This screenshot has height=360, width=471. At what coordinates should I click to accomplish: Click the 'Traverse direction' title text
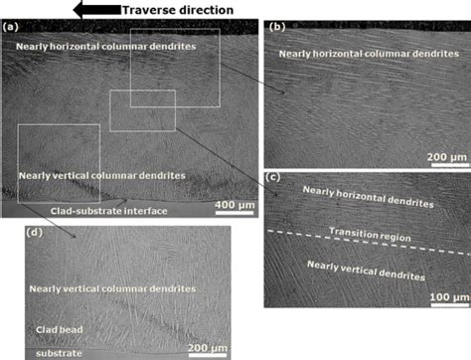177,10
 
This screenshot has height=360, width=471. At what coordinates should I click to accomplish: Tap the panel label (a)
12,28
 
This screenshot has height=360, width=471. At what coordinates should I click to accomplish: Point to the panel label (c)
276,179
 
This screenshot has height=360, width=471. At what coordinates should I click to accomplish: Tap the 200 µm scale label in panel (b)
442,157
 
